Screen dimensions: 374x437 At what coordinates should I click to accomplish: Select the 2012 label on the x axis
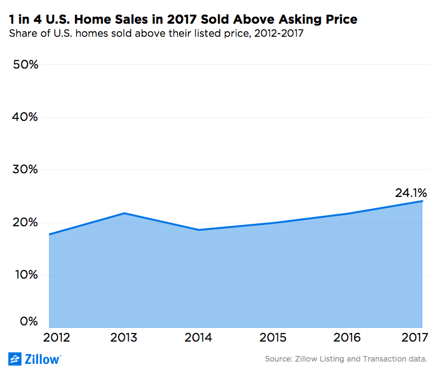[57, 337]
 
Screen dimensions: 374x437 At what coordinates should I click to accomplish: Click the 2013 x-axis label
[124, 337]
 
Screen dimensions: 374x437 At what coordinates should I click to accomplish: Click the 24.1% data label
[410, 193]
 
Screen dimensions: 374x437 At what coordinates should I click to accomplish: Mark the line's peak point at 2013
[124, 213]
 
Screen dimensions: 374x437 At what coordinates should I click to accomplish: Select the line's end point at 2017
[423, 201]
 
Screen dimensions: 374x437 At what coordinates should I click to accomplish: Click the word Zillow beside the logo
[42, 359]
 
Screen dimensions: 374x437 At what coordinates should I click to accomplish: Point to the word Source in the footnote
[279, 359]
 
